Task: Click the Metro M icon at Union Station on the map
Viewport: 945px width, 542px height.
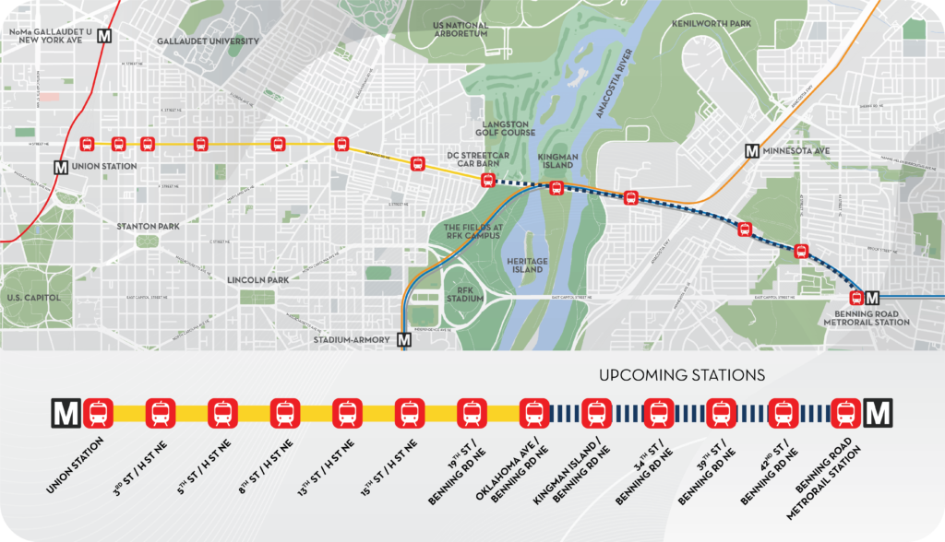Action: pyautogui.click(x=61, y=167)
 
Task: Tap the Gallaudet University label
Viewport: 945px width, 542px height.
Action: pyautogui.click(x=208, y=41)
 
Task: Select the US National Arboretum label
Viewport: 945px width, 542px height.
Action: pyautogui.click(x=460, y=29)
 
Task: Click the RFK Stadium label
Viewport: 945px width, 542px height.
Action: pyautogui.click(x=464, y=293)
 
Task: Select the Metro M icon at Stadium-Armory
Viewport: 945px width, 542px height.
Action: pyautogui.click(x=403, y=339)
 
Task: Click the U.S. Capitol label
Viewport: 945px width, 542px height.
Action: pyautogui.click(x=32, y=298)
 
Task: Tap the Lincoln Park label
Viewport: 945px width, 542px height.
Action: pyautogui.click(x=259, y=279)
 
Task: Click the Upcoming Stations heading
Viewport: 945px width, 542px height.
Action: pyautogui.click(x=682, y=375)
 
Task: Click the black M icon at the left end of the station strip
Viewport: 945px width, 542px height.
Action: pyautogui.click(x=66, y=413)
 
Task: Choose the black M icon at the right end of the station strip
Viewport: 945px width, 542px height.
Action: pyautogui.click(x=878, y=413)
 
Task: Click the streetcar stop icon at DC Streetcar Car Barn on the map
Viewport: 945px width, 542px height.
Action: pyautogui.click(x=488, y=181)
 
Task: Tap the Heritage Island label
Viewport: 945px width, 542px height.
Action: pyautogui.click(x=527, y=265)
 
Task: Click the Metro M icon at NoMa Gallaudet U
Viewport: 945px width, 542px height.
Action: pyautogui.click(x=104, y=36)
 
